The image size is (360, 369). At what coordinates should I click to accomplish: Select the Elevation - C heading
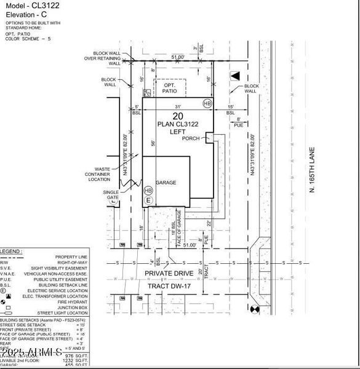point(25,14)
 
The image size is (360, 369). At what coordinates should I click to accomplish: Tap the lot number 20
point(178,116)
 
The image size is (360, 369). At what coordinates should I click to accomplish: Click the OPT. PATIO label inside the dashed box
point(169,87)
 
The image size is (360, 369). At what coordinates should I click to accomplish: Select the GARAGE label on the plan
point(166,183)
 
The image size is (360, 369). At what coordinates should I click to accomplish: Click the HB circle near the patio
point(207,103)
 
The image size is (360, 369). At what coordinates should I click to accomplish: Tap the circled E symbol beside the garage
point(148,200)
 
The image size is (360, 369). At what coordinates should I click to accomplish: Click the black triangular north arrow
point(234,76)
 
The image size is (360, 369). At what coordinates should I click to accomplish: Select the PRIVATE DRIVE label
point(169,273)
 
